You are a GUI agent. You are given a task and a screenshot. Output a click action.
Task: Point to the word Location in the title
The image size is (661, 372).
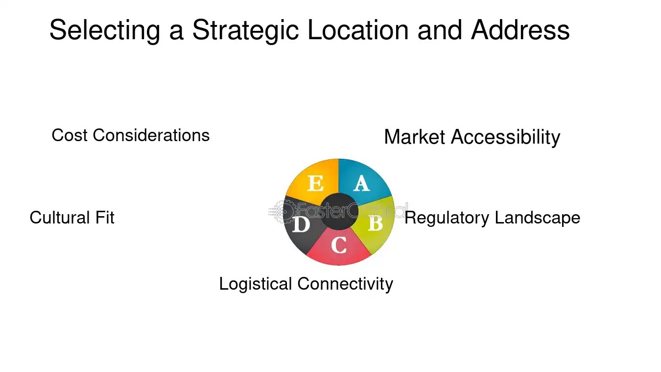[359, 30]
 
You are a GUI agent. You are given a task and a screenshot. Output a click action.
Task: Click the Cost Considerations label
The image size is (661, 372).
[130, 135]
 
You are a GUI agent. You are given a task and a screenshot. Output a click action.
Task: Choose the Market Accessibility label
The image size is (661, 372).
[472, 137]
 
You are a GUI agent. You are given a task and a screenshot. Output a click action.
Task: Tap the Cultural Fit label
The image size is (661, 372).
[72, 218]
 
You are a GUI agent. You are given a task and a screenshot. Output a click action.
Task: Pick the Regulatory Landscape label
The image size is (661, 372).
[492, 218]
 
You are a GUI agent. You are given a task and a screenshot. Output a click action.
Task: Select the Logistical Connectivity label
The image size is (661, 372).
[306, 284]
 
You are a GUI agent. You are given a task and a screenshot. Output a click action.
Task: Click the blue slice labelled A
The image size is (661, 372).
[363, 181]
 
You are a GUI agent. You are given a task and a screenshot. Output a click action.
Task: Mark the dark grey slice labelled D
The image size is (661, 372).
[300, 226]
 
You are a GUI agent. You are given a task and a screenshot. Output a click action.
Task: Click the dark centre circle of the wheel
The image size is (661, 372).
[339, 211]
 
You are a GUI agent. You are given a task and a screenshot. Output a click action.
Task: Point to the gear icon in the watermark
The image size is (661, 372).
[283, 211]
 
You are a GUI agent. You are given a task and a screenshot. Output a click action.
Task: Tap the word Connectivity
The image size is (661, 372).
[345, 284]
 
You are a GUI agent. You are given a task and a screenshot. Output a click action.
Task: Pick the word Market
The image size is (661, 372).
[415, 137]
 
